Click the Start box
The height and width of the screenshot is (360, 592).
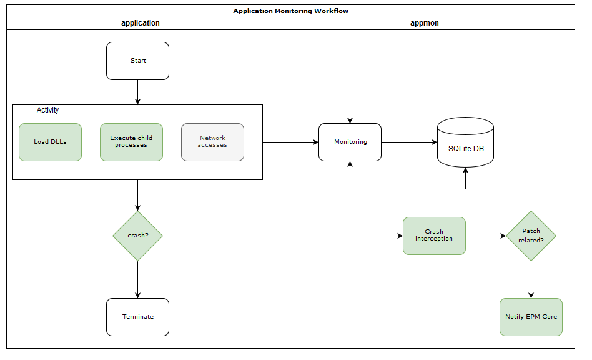[x=137, y=61]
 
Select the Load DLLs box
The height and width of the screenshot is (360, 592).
[x=50, y=142]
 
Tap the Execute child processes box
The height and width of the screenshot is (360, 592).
[x=131, y=142]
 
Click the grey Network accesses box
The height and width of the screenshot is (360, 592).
[x=212, y=142]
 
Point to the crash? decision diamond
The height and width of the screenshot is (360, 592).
[x=137, y=236]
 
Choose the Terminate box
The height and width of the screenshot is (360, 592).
[x=137, y=317]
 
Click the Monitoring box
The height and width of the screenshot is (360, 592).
[x=350, y=142]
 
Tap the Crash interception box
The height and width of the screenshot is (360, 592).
[x=434, y=236]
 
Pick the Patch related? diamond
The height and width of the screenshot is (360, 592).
[x=531, y=236]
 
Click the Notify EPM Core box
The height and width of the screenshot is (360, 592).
[x=531, y=317]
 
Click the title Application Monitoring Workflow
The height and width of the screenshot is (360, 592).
[x=290, y=11]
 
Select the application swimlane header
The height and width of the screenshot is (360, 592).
[x=141, y=23]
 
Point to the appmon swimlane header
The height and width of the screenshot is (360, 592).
[x=425, y=23]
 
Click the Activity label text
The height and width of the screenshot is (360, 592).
[x=47, y=110]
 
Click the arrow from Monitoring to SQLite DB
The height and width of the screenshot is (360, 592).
[x=409, y=142]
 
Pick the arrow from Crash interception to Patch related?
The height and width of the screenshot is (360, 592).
[x=485, y=236]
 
